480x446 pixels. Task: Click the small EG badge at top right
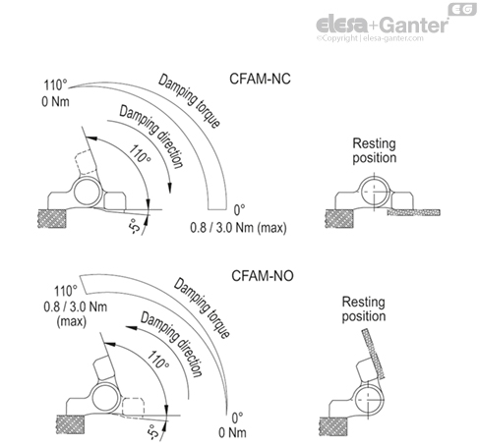pyautogui.click(x=458, y=9)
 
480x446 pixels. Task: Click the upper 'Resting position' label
pyautogui.click(x=375, y=150)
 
